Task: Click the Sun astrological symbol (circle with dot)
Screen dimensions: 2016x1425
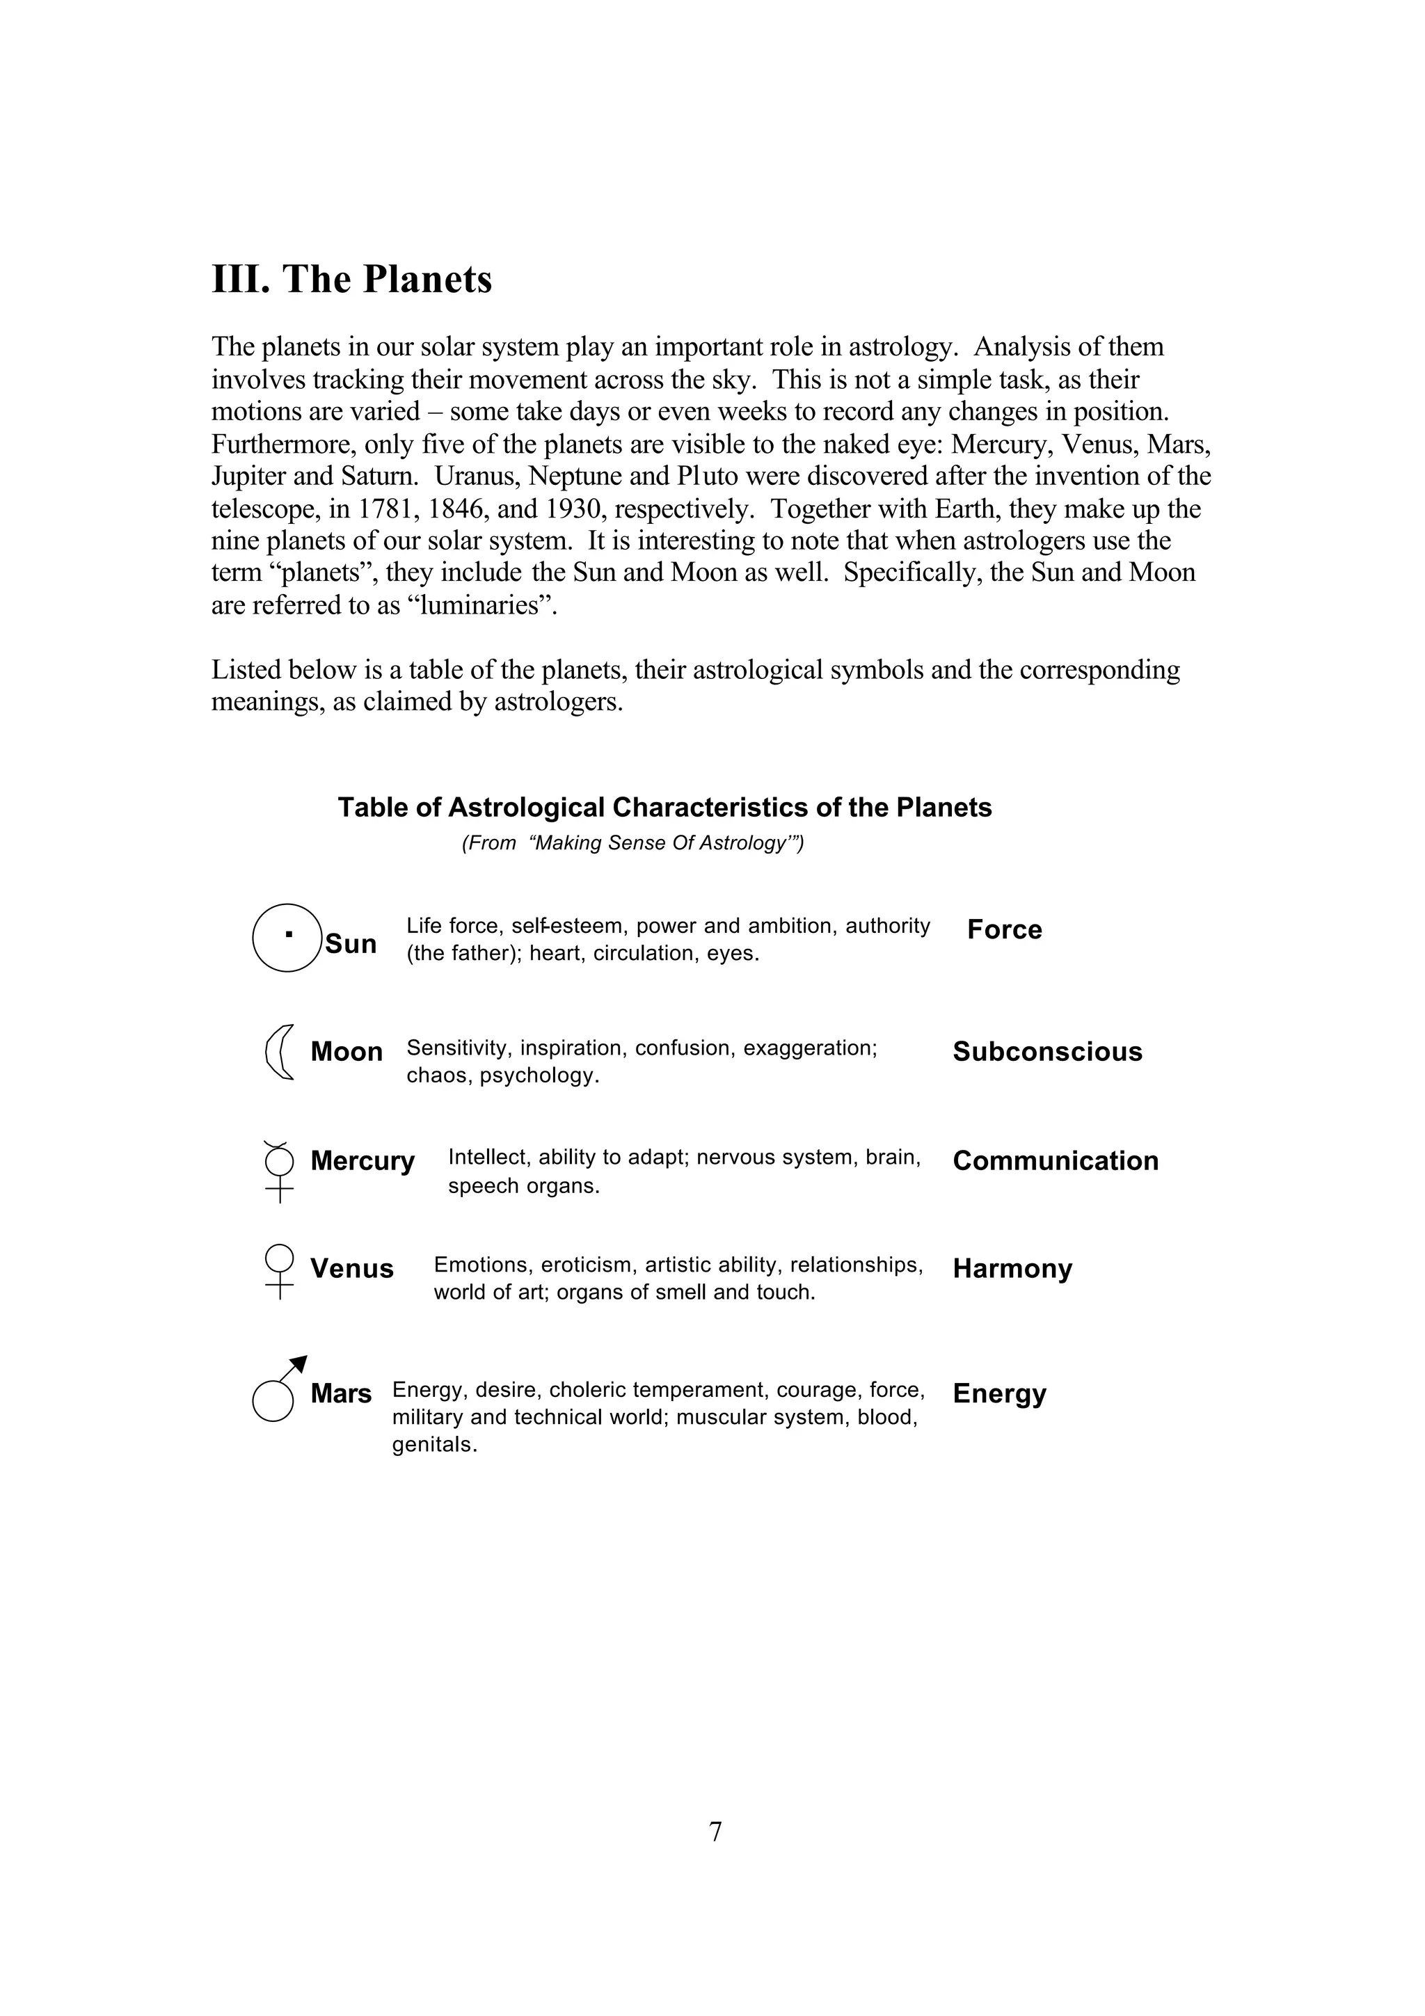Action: click(286, 937)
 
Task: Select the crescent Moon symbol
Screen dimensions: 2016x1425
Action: click(279, 1051)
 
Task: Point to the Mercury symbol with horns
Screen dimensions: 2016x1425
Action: click(279, 1171)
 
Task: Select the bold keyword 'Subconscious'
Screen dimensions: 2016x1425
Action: click(1046, 1051)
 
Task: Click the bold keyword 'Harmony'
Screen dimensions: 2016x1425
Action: click(1012, 1268)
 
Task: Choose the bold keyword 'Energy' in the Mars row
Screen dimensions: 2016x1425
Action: click(998, 1393)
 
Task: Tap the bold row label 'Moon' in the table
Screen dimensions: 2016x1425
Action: click(346, 1051)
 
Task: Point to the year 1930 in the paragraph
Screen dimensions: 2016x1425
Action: click(573, 509)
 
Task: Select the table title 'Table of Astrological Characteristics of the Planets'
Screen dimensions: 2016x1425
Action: click(664, 807)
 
